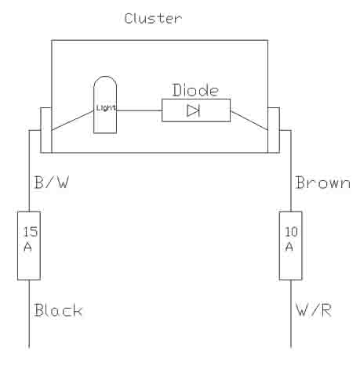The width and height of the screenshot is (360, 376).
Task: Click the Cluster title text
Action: [x=153, y=19]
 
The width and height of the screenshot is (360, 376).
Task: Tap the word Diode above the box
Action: [x=195, y=90]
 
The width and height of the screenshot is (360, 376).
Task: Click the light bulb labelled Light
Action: [x=105, y=105]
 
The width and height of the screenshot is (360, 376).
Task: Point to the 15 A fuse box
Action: [x=29, y=246]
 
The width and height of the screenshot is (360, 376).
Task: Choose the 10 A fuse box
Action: [x=291, y=246]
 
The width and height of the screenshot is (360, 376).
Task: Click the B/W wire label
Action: [x=52, y=183]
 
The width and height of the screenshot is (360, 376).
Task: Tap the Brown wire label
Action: [x=322, y=183]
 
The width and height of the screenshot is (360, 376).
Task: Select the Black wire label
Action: [x=58, y=310]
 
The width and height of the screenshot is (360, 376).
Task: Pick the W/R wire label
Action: [x=314, y=310]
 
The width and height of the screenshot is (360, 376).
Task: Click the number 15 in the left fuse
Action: [x=31, y=232]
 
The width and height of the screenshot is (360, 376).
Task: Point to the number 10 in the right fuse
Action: [x=291, y=232]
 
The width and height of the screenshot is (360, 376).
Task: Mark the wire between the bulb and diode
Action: [x=140, y=110]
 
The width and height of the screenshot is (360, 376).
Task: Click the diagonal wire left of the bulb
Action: [x=73, y=121]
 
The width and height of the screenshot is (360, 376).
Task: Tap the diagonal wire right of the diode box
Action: [x=249, y=121]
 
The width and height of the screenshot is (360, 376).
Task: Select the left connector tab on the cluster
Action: [x=46, y=130]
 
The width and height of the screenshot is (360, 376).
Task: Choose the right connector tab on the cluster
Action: [x=274, y=130]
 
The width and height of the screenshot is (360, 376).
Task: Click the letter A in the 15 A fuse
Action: [x=27, y=247]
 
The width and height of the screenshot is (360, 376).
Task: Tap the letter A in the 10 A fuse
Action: [x=289, y=247]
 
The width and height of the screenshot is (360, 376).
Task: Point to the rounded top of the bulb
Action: [x=105, y=77]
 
